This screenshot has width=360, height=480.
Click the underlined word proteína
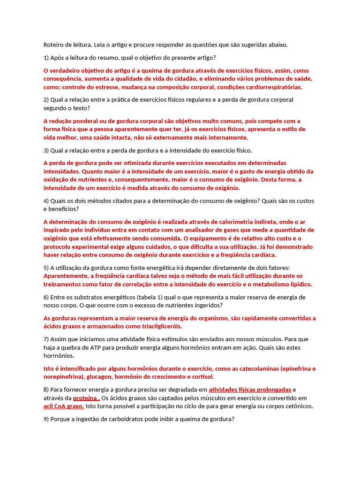pos(86,398)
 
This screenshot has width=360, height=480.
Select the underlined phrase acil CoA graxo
pos(64,406)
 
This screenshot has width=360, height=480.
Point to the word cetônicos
pos(296,406)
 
